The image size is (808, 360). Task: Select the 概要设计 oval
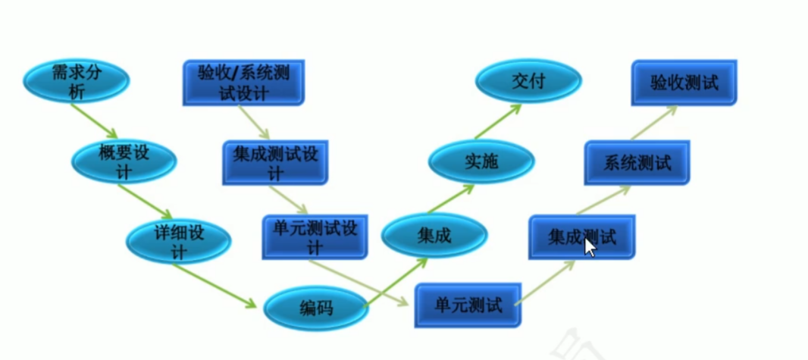pos(124,161)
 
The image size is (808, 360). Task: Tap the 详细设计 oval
pos(178,240)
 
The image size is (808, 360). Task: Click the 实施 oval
pos(481,161)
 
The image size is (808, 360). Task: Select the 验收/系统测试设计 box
pos(243,83)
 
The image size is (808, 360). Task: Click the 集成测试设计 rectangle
pos(275,162)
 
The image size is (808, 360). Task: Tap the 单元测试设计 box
pos(314,236)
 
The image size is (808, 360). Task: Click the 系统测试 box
pos(637,162)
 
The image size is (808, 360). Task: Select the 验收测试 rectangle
pos(684,83)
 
